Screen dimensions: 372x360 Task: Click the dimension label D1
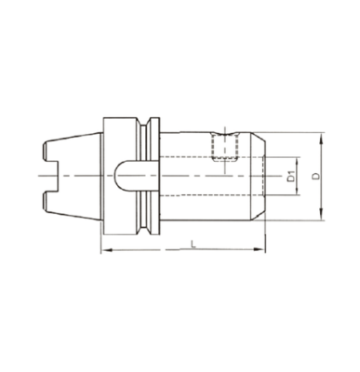[291, 174]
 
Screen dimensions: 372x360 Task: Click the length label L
[192, 243]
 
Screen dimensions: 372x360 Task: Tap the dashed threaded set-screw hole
[225, 147]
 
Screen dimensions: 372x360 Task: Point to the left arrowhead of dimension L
[105, 251]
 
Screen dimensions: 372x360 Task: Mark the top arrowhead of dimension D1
[299, 155]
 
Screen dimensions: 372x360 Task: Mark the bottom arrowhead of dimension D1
[299, 194]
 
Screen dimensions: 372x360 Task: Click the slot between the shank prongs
[50, 175]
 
